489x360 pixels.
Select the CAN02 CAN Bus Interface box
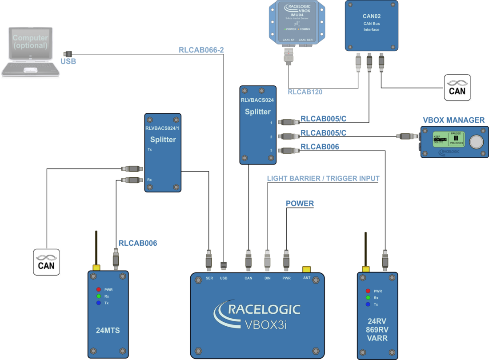tap(371, 25)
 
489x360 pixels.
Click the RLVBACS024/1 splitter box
tap(163, 152)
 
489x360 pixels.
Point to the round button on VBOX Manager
tap(477, 142)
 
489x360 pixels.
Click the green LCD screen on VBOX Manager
tap(449, 140)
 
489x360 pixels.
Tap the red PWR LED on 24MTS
tap(99, 289)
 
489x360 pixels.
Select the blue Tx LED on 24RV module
tap(368, 304)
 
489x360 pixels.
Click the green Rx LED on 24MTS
tap(99, 296)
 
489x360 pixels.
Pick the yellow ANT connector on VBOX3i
tap(306, 269)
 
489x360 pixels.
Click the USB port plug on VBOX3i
tap(224, 266)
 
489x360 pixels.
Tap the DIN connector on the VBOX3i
tap(267, 260)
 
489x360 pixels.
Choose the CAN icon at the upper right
tap(457, 88)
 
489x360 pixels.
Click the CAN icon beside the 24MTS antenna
tap(46, 262)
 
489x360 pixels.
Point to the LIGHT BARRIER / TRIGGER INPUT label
tap(323, 179)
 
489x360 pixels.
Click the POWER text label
tap(300, 204)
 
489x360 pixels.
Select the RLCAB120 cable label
tap(305, 92)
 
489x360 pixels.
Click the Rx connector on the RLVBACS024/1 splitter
tap(132, 180)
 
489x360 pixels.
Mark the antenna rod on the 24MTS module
tap(96, 247)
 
